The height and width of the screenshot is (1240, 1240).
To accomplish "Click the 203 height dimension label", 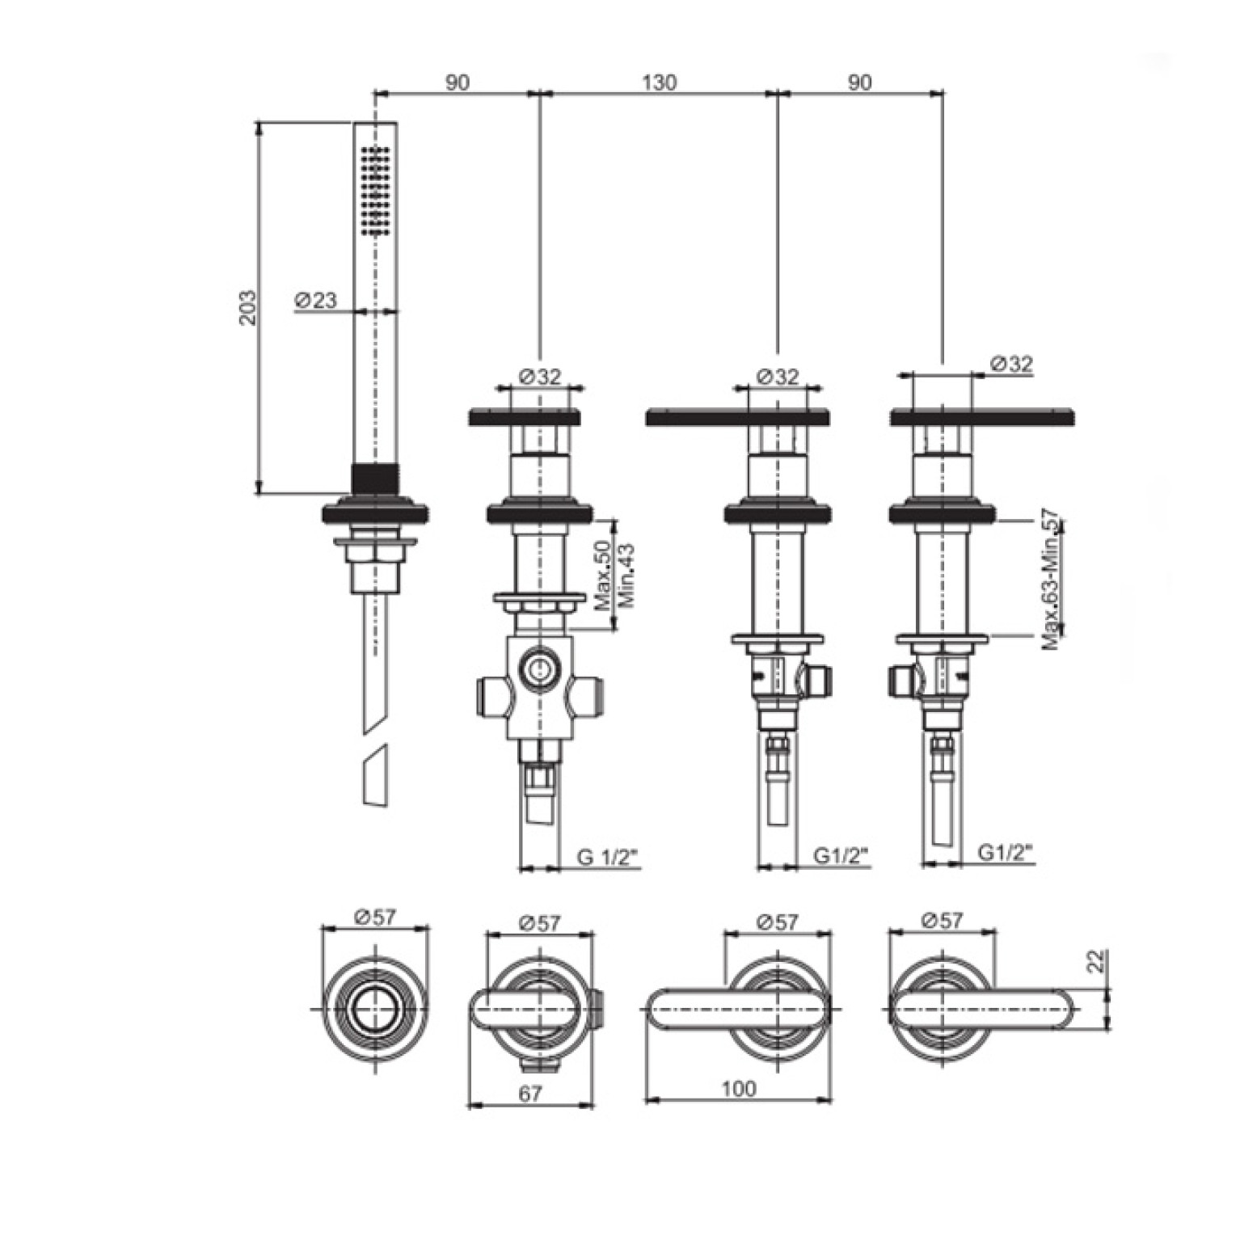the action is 249,307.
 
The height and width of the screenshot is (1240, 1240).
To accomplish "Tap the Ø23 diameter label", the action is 315,300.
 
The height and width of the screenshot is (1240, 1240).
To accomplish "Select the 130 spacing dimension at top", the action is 659,82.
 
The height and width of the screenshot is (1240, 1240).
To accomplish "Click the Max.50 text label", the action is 602,576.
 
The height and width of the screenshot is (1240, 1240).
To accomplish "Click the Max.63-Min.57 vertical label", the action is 1050,580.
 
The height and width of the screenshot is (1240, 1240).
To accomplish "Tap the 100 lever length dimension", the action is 739,1088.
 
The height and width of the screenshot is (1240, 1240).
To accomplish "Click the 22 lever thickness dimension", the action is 1095,961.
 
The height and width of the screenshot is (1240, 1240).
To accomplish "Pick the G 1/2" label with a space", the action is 608,856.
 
